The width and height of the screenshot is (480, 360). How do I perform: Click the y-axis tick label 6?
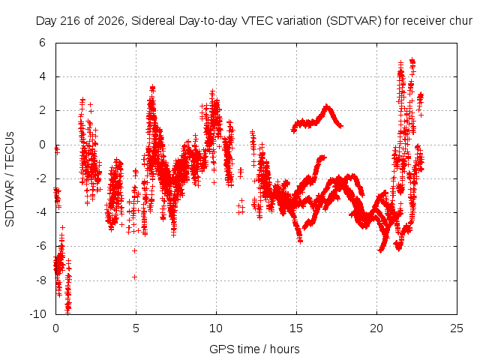tap(42, 43)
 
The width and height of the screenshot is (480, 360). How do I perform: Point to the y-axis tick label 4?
tap(42, 76)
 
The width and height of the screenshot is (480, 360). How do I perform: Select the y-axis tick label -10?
tap(37, 314)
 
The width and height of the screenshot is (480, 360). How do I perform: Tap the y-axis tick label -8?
tap(40, 280)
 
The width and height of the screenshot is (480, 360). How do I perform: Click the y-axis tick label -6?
tap(40, 246)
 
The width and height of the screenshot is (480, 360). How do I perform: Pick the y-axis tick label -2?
tap(40, 178)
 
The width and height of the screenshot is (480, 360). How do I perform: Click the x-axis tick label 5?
tap(136, 328)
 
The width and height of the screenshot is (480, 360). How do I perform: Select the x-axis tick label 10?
tap(216, 328)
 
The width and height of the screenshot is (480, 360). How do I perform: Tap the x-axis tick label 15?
tap(296, 328)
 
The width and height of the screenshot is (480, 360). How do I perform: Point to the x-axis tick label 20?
tap(376, 328)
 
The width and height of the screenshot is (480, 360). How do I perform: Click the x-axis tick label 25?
tap(457, 328)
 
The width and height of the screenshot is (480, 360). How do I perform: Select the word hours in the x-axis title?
tap(285, 349)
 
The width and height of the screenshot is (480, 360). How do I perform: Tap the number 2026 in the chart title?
tap(111, 21)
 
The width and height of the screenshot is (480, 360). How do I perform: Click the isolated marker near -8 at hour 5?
tap(135, 277)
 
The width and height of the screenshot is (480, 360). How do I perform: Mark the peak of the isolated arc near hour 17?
tap(327, 106)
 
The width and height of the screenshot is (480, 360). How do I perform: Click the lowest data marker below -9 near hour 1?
tap(67, 312)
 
